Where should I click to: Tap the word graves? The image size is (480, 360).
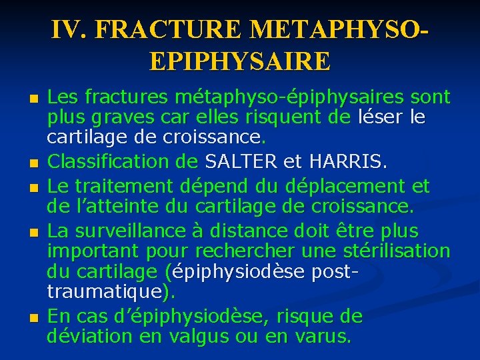click(117, 118)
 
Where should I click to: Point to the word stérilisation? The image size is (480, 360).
click(399, 252)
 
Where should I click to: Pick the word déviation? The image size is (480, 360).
click(92, 335)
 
